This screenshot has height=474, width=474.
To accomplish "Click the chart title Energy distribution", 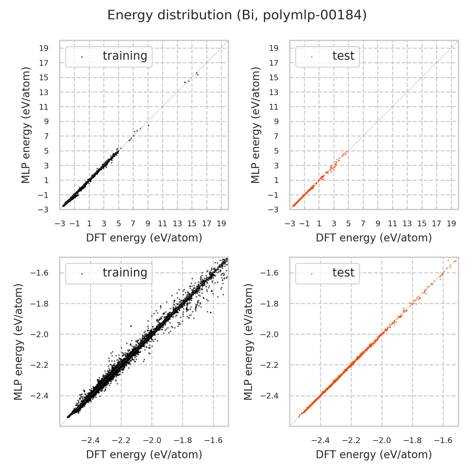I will click(237, 15).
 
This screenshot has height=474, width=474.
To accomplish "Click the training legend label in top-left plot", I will click(125, 56).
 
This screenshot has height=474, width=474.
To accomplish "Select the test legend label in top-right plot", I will click(343, 56).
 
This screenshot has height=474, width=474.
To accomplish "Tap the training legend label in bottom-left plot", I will click(125, 273).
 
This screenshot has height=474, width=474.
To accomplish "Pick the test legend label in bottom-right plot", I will click(343, 273).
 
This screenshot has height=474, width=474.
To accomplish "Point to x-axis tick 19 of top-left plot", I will click(221, 224).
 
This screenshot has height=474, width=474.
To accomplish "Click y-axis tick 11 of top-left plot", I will click(44, 107).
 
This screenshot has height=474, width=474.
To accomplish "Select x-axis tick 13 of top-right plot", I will click(407, 224).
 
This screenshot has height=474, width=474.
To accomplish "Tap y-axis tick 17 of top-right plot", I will click(274, 63).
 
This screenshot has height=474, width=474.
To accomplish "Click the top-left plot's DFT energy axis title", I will click(144, 238).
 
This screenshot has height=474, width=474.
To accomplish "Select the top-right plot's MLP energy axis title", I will click(256, 125).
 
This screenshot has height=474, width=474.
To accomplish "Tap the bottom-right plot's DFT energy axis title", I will click(374, 455).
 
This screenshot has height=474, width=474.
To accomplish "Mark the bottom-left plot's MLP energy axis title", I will click(19, 342).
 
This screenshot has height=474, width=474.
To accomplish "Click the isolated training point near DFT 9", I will click(149, 125).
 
